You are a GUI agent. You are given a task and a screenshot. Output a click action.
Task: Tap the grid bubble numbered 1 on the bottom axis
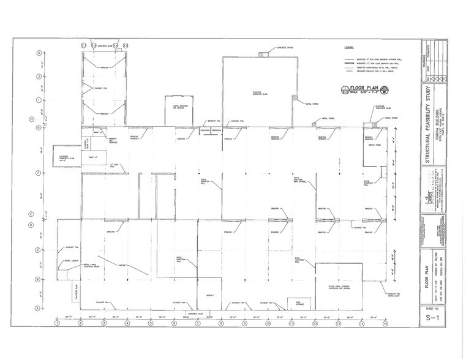click(56, 323)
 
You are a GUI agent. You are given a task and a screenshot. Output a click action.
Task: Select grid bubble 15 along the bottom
click(385, 323)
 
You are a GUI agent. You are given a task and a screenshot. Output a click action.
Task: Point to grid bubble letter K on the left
click(40, 53)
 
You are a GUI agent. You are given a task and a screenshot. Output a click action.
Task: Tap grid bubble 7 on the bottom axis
click(197, 323)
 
